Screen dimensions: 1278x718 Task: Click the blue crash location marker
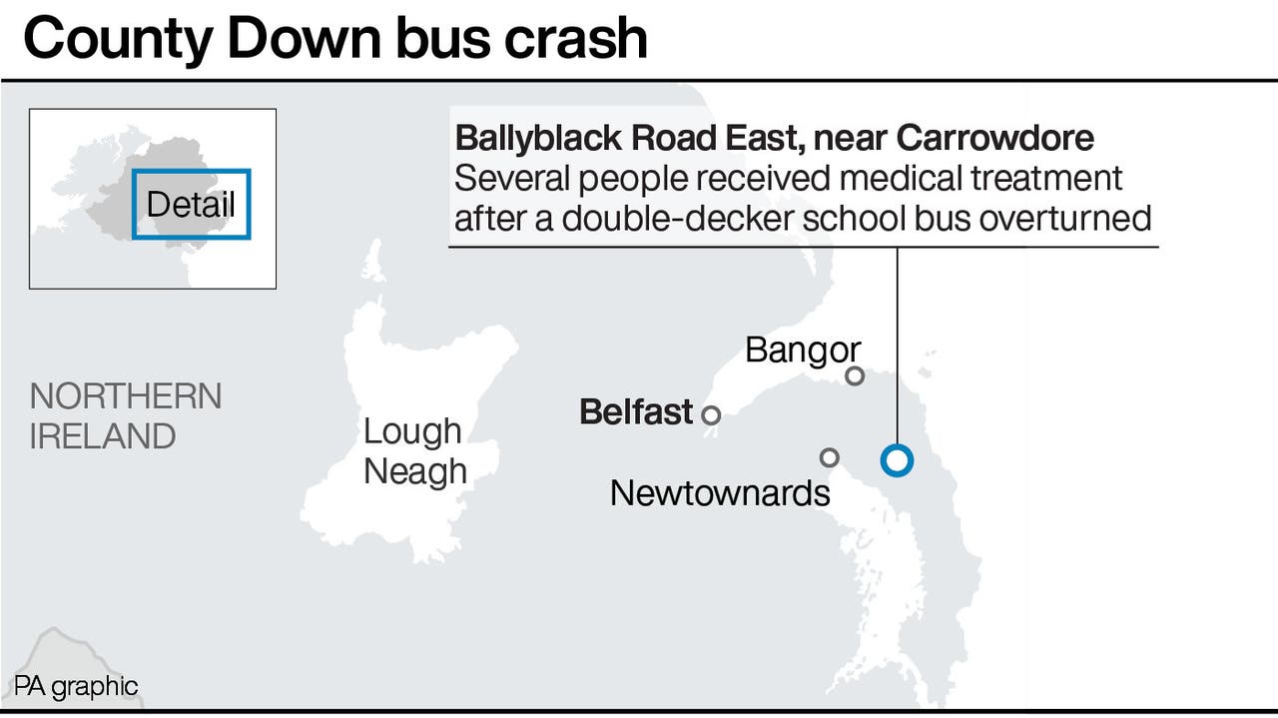coord(897,460)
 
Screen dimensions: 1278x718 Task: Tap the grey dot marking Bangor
coord(855,375)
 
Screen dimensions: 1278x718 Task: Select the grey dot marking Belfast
coord(711,414)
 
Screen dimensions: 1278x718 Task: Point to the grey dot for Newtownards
coord(829,457)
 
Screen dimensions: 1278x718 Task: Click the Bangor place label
coord(802,351)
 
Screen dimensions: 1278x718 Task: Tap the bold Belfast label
coord(636,411)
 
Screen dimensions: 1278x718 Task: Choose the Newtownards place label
coord(719,492)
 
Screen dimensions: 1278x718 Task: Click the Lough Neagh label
coord(414,450)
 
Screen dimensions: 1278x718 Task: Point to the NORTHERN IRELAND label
coord(125,415)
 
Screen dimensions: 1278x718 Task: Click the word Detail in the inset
coord(191,204)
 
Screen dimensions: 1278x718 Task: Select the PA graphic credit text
coord(76,686)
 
